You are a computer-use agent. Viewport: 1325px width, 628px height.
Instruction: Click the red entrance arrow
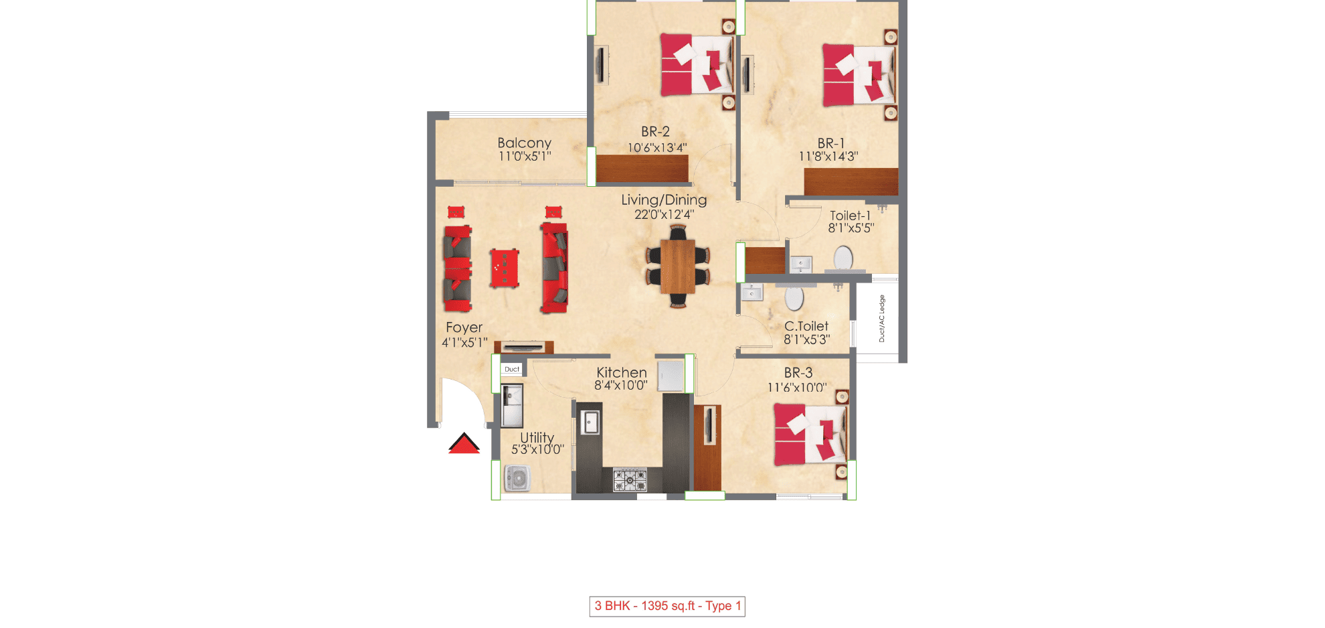tap(464, 444)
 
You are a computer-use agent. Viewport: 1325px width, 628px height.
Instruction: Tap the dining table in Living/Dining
tap(677, 266)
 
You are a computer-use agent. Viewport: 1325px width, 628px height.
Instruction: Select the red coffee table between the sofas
tap(504, 268)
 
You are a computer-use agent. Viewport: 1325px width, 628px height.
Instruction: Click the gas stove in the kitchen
tap(630, 480)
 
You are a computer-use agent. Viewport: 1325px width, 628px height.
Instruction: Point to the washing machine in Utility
tap(517, 479)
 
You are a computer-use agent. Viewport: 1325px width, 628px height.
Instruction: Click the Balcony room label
tap(524, 143)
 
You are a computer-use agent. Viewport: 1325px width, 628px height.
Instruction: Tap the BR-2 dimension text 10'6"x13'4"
tap(656, 148)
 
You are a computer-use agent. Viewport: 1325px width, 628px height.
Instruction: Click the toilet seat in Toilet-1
tap(843, 258)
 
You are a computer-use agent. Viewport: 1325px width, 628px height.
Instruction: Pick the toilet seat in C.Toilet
tap(794, 298)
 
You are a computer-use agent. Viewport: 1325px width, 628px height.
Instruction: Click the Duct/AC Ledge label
tap(881, 319)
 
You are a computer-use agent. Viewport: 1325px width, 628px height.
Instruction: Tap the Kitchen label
tap(621, 372)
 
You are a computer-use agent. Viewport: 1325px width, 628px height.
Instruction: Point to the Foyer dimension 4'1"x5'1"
tap(464, 343)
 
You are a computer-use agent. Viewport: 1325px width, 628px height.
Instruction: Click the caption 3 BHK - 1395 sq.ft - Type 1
tap(667, 606)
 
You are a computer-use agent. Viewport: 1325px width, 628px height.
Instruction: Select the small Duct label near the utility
tap(511, 369)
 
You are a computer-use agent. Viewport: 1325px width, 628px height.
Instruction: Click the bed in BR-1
tap(859, 75)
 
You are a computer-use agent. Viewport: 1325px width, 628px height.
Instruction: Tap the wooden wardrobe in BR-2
tap(642, 168)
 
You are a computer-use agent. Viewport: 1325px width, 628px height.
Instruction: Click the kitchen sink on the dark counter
tap(590, 422)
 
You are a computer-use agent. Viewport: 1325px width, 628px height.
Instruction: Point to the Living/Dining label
tap(663, 200)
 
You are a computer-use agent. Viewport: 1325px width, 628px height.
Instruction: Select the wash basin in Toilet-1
tap(800, 264)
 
